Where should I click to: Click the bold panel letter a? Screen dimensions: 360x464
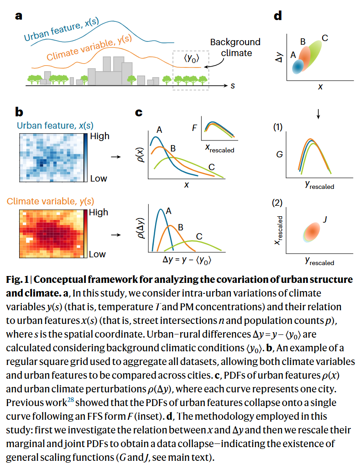[19, 16]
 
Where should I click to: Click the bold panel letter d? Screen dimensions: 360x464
[278, 15]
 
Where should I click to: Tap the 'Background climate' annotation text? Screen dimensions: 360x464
[235, 47]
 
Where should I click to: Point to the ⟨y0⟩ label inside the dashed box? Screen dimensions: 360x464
[191, 58]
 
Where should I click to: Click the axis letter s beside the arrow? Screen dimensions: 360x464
[233, 86]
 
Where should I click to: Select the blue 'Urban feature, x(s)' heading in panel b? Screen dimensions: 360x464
[55, 125]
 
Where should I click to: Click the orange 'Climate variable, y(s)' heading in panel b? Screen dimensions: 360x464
[50, 201]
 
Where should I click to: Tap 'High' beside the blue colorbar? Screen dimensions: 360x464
[100, 136]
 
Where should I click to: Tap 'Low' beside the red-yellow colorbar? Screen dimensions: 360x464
[97, 254]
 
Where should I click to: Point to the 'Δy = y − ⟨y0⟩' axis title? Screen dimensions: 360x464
[187, 260]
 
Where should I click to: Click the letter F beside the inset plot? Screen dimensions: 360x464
[194, 128]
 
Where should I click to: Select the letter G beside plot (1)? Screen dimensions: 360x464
[279, 155]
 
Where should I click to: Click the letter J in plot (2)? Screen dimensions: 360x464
[325, 219]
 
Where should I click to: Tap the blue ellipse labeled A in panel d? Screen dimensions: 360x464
[298, 66]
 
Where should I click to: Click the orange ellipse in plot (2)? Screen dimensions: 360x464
[312, 232]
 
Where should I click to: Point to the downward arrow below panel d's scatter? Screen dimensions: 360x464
[318, 114]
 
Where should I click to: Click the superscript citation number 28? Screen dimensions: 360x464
[70, 400]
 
